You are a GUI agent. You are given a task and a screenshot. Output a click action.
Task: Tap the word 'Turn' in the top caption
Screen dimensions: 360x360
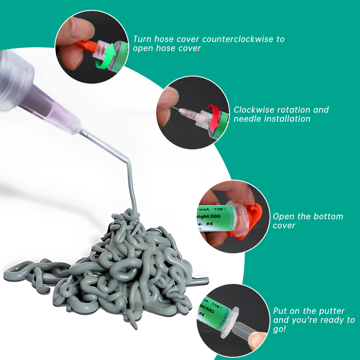pyautogui.click(x=142, y=39)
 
